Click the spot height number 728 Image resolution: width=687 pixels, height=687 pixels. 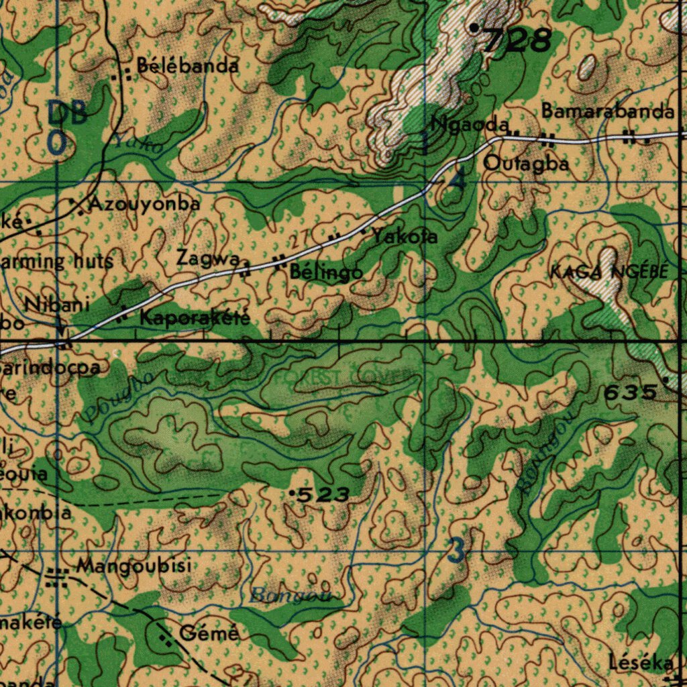pyautogui.click(x=517, y=41)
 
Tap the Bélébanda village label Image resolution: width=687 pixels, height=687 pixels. pyautogui.click(x=188, y=66)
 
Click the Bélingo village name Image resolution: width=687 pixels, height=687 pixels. pyautogui.click(x=327, y=272)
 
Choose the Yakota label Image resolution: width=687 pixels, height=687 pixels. pyautogui.click(x=405, y=236)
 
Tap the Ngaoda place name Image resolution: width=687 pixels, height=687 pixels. pyautogui.click(x=470, y=124)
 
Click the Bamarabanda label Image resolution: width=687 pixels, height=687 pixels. pyautogui.click(x=608, y=111)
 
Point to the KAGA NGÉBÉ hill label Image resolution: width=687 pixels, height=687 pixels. pyautogui.click(x=609, y=272)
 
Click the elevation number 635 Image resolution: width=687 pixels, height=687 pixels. pyautogui.click(x=630, y=393)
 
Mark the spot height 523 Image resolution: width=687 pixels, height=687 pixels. pyautogui.click(x=323, y=496)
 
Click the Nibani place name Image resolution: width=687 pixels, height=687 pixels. pyautogui.click(x=58, y=305)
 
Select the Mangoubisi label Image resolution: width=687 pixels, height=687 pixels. pyautogui.click(x=134, y=566)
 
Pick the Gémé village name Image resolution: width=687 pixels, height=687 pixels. pyautogui.click(x=209, y=633)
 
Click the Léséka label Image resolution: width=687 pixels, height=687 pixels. pyautogui.click(x=641, y=663)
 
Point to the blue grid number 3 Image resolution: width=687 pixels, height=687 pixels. pyautogui.click(x=456, y=551)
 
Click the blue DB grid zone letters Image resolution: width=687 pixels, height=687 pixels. pyautogui.click(x=67, y=113)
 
